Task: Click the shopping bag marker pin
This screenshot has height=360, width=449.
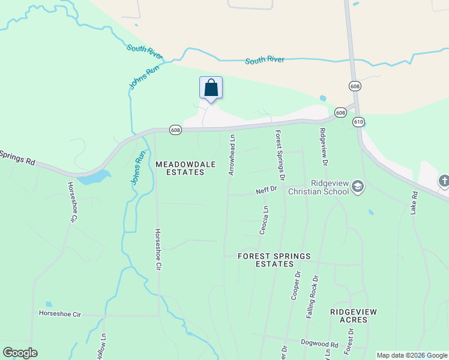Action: click(211, 88)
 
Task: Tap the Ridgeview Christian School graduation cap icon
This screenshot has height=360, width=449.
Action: click(358, 187)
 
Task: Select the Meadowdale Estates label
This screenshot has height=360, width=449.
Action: click(180, 168)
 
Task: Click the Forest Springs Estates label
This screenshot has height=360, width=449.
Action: click(274, 260)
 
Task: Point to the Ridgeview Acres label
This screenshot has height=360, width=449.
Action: click(349, 316)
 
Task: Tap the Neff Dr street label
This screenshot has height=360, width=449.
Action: click(266, 190)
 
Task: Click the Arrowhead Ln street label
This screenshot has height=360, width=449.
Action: click(232, 155)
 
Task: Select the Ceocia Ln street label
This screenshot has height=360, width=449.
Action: click(264, 220)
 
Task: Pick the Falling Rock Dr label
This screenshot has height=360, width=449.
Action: click(312, 296)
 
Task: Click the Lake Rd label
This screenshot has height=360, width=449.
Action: click(414, 204)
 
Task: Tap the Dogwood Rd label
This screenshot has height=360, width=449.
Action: click(325, 344)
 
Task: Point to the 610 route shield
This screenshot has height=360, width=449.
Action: click(359, 122)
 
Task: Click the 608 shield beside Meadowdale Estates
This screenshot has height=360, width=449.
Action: click(175, 130)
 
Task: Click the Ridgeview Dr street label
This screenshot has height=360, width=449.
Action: click(324, 148)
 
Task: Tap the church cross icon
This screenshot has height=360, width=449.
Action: click(444, 181)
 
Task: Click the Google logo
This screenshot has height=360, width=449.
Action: click(20, 353)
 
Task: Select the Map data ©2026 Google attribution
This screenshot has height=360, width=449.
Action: click(412, 355)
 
